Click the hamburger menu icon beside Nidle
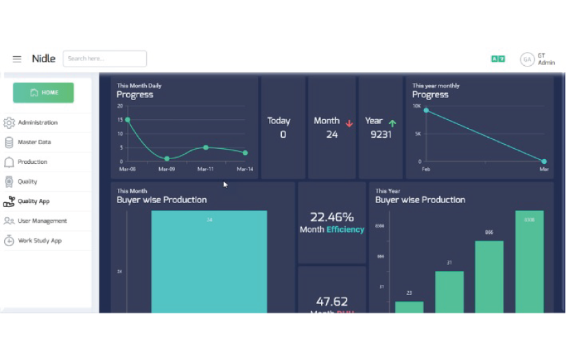pos(17,59)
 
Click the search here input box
pos(104,59)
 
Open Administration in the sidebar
pos(38,123)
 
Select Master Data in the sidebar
pos(34,143)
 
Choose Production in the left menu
pos(32,162)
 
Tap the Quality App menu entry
pos(34,202)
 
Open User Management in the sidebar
pos(42,221)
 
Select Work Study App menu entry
pos(40,241)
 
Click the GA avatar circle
pos(527,60)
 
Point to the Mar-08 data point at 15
pos(128,120)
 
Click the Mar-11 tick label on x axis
pos(206,169)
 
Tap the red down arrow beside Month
pos(349,123)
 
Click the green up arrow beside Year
pos(392,123)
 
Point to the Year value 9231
pos(381,134)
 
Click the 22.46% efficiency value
pos(332,217)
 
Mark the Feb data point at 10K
pos(426,110)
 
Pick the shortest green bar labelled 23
pos(409,307)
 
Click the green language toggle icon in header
pos(498,59)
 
